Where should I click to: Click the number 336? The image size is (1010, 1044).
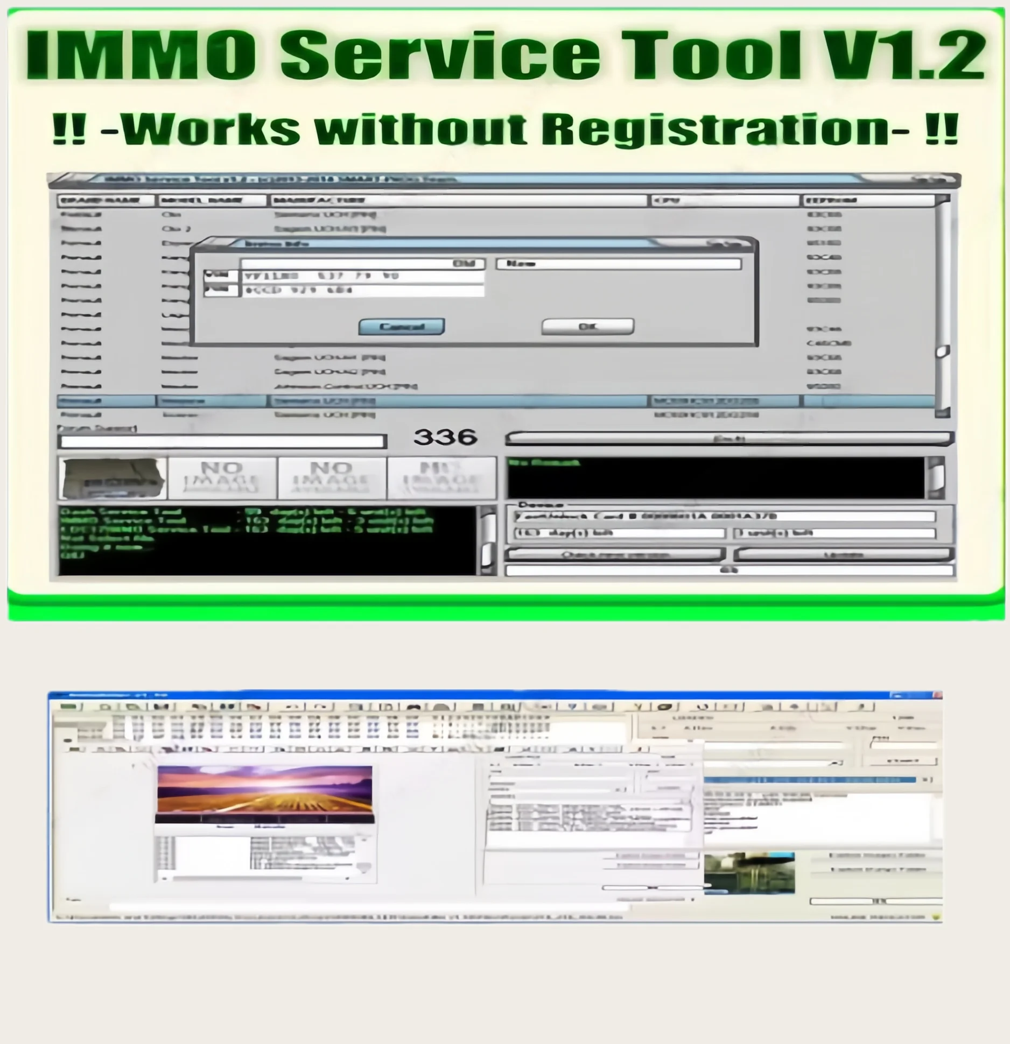coord(445,437)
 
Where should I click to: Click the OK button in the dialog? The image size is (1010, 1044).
coord(587,327)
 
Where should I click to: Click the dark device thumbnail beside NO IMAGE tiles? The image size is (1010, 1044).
coord(113,478)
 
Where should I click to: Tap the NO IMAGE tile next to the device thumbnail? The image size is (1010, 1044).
coord(222,478)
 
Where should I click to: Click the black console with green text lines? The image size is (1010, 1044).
coord(266,540)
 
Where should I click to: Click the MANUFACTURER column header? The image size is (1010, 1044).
coord(458,201)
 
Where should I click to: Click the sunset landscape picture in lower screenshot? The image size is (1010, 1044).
coord(264,793)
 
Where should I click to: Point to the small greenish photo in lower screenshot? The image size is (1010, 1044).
coord(749,872)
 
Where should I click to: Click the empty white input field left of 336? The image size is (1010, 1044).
coord(222,442)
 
